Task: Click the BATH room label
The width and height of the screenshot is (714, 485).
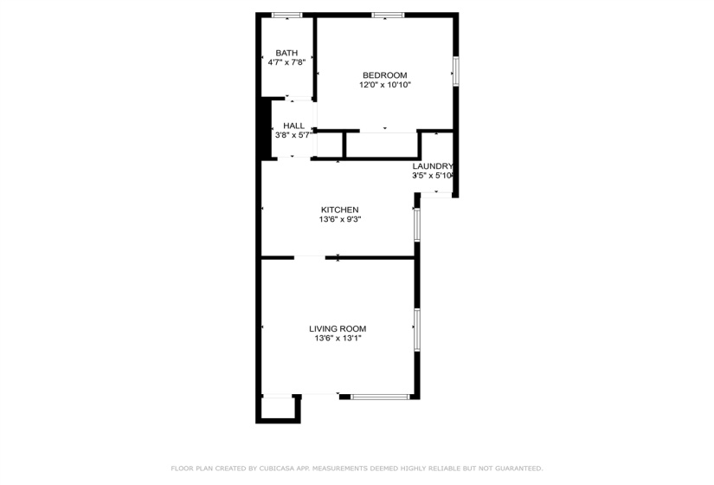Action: pyautogui.click(x=286, y=53)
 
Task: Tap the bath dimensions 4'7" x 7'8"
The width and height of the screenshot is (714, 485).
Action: pyautogui.click(x=286, y=62)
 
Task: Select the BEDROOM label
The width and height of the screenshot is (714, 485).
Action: pyautogui.click(x=384, y=75)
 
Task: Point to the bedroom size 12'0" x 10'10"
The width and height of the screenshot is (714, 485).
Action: pyautogui.click(x=384, y=85)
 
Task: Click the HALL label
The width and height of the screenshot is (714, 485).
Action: pyautogui.click(x=293, y=126)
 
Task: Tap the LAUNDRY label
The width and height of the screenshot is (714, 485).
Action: pyautogui.click(x=433, y=166)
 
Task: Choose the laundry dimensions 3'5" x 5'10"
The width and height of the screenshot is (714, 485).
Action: pyautogui.click(x=433, y=176)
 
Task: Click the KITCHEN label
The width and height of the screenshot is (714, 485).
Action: pyautogui.click(x=339, y=210)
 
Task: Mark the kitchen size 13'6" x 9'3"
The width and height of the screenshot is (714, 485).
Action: pyautogui.click(x=339, y=219)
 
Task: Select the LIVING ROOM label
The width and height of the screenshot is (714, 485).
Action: pyautogui.click(x=338, y=328)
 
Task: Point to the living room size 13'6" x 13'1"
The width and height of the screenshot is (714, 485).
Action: pyautogui.click(x=338, y=338)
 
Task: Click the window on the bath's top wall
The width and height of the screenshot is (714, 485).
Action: pyautogui.click(x=286, y=15)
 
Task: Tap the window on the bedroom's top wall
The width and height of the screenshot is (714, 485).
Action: pyautogui.click(x=388, y=15)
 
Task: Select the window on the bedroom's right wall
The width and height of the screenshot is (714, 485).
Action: pyautogui.click(x=455, y=71)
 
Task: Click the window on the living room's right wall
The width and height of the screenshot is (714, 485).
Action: pyautogui.click(x=416, y=330)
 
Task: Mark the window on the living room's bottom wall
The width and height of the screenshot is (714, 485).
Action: pyautogui.click(x=380, y=397)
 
